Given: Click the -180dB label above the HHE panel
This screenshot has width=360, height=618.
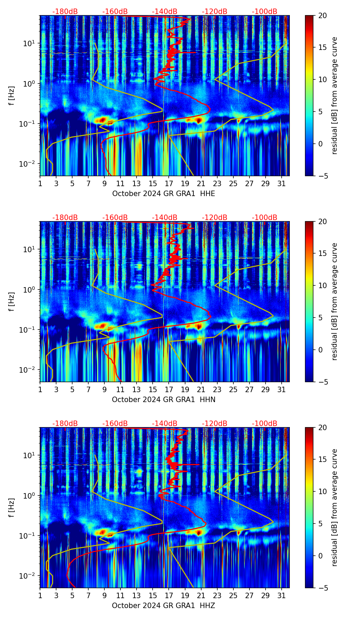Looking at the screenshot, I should point(65,12).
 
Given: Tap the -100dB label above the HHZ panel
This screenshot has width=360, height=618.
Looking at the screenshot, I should point(265,424).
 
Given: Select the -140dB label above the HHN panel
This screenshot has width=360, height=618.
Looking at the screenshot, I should point(165,218).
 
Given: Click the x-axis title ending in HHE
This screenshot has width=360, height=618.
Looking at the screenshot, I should point(164,194).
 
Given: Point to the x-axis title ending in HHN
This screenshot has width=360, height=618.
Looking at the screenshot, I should point(164,400).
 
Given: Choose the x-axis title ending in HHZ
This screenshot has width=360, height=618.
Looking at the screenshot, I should point(164,606).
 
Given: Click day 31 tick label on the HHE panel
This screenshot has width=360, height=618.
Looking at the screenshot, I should point(281,184).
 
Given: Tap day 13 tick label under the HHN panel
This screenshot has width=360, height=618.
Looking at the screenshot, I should point(137,390).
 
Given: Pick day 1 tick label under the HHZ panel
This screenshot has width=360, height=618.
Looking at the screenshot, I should point(40,596).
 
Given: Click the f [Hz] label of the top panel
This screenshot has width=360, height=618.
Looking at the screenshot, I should point(12,96).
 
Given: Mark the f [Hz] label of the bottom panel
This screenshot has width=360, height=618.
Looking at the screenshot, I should point(12,508).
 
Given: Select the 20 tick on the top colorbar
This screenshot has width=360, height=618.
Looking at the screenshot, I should point(322,16).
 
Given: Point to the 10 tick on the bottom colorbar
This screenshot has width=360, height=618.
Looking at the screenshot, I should point(322,492).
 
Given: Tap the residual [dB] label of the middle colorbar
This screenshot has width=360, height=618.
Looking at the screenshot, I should point(334,301).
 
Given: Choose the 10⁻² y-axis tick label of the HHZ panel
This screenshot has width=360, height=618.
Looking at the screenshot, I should point(27,576).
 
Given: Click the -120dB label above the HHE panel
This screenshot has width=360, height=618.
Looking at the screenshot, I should point(215,12).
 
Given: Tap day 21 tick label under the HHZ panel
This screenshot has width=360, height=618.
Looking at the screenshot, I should point(201,596).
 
